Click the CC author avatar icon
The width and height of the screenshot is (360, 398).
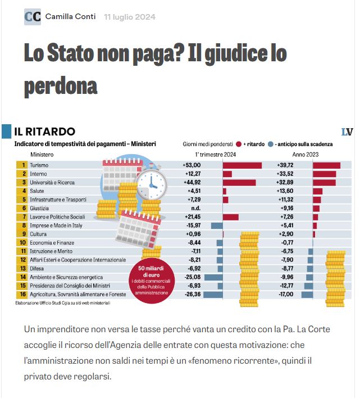33,17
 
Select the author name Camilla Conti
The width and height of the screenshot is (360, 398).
71,17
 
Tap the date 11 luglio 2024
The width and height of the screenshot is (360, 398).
130,17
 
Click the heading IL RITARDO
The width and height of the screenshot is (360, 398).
44,132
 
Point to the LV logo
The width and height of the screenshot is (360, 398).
347,132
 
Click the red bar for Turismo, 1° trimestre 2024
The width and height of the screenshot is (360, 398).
242,165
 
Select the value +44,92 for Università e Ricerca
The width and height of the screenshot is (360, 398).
192,183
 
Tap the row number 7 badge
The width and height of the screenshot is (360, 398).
24,217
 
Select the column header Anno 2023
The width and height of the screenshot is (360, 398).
305,154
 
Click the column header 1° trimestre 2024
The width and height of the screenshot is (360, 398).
215,154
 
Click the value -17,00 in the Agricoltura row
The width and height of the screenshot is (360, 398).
286,294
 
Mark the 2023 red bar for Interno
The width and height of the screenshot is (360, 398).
324,174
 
